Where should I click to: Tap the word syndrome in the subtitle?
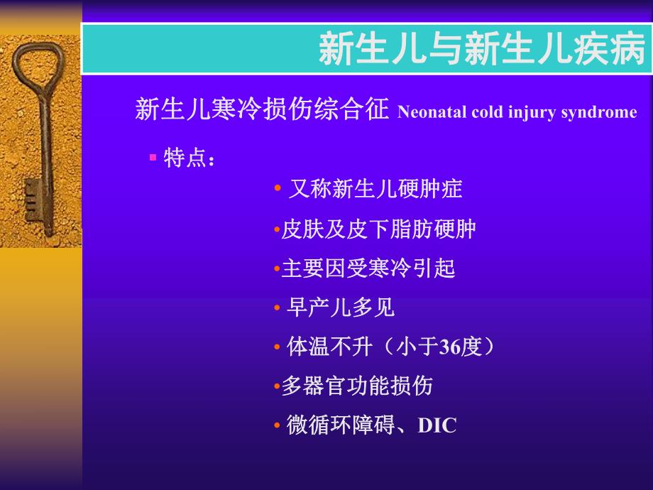pyautogui.click(x=602, y=112)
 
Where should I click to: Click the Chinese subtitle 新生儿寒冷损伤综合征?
pyautogui.click(x=262, y=110)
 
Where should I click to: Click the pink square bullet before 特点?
pyautogui.click(x=153, y=156)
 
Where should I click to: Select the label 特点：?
pyautogui.click(x=189, y=158)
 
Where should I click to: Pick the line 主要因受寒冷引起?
pyautogui.click(x=368, y=268)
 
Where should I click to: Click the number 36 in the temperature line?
pyautogui.click(x=451, y=347)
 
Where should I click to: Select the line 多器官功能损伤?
pyautogui.click(x=357, y=386)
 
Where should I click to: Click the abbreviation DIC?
pyautogui.click(x=437, y=425)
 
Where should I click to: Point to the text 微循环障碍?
pyautogui.click(x=340, y=425)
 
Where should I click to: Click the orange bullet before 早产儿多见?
pyautogui.click(x=278, y=309)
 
